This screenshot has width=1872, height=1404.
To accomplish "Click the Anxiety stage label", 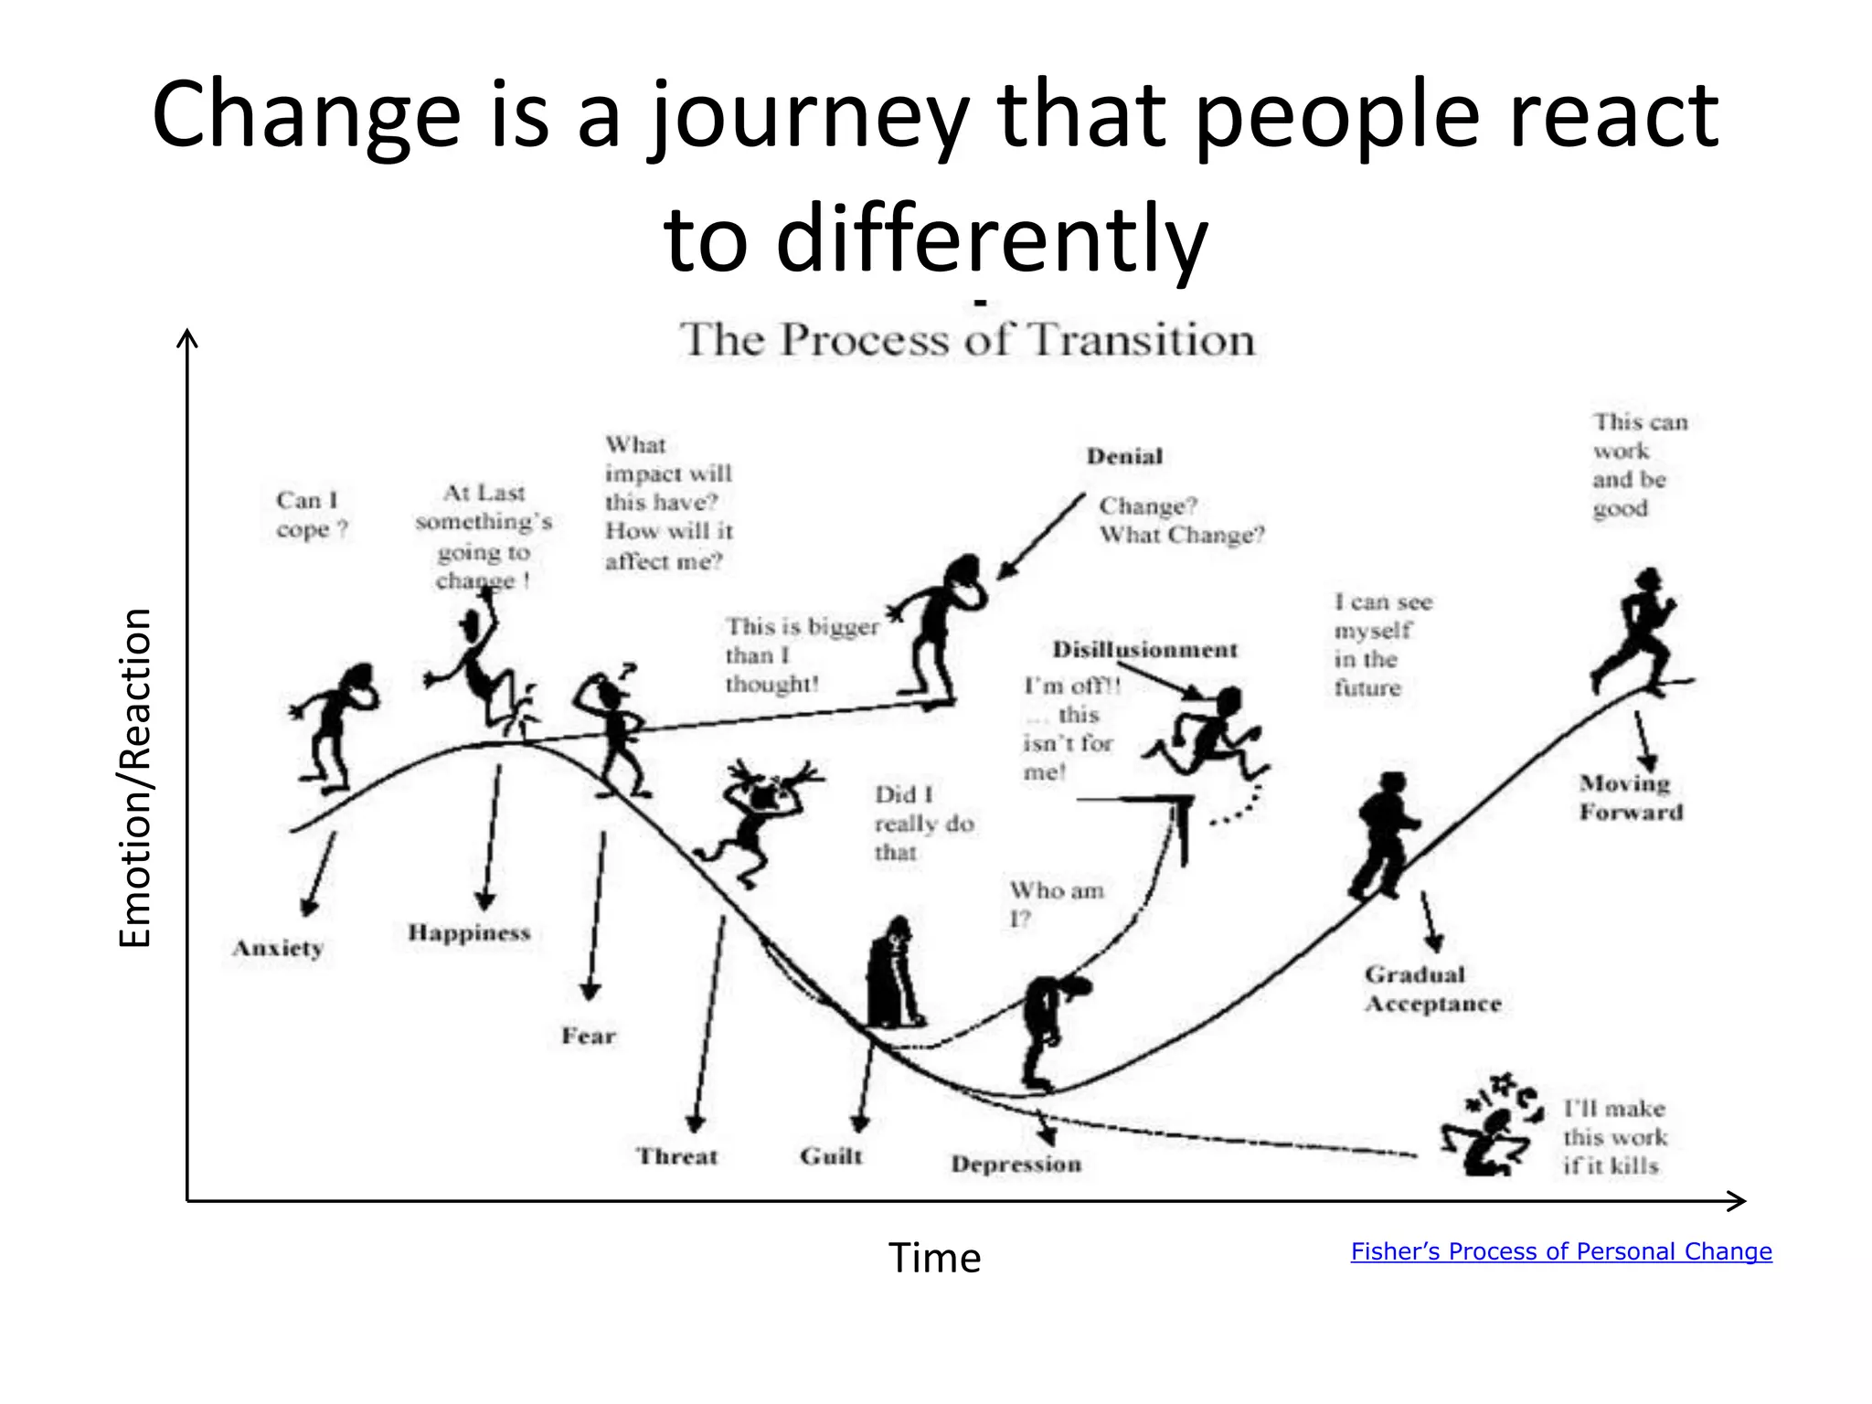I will tap(278, 948).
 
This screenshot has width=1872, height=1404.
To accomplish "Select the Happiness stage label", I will tap(469, 932).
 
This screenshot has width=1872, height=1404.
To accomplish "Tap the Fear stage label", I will tap(589, 1036).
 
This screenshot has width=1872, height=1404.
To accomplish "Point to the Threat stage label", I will tap(677, 1156).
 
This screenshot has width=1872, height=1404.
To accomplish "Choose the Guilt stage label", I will tap(831, 1156).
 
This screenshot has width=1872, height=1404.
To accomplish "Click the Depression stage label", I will tap(1016, 1164).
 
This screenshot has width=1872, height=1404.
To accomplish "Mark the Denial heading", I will tap(1124, 456).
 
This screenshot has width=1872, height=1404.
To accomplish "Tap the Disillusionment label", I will tap(1144, 650).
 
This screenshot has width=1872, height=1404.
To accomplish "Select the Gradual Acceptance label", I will tap(1432, 989).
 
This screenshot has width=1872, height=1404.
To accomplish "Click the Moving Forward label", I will tap(1631, 797).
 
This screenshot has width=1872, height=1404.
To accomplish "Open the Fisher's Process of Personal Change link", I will tap(1561, 1251).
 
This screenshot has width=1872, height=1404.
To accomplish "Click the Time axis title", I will tap(934, 1258).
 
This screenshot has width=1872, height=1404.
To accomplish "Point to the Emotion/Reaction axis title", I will tap(135, 778).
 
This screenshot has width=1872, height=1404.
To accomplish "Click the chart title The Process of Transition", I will tap(967, 340).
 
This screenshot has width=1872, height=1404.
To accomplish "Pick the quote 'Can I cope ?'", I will tap(311, 515).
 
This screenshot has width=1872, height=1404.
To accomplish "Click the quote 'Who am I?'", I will tap(1056, 904).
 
